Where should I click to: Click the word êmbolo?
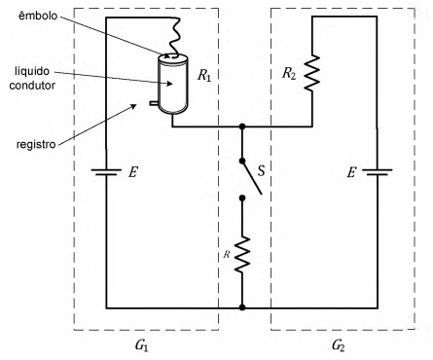[38, 16]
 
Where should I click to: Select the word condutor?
[32, 86]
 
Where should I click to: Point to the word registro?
[36, 144]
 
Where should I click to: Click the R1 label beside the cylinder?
[204, 75]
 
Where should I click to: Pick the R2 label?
[289, 74]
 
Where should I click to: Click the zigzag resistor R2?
[312, 73]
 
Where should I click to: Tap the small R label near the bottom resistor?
[227, 255]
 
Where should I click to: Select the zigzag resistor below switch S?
[242, 254]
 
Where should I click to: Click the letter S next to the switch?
[261, 170]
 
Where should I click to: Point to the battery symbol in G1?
[106, 172]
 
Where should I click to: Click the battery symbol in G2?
[378, 172]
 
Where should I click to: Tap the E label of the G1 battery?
[132, 172]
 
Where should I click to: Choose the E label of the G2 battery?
[351, 172]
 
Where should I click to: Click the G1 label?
[142, 345]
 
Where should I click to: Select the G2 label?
[339, 345]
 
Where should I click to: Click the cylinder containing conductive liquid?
[172, 84]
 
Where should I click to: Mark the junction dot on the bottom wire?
[242, 307]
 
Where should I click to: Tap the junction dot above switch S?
[242, 126]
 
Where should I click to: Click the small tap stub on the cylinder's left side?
[154, 103]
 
